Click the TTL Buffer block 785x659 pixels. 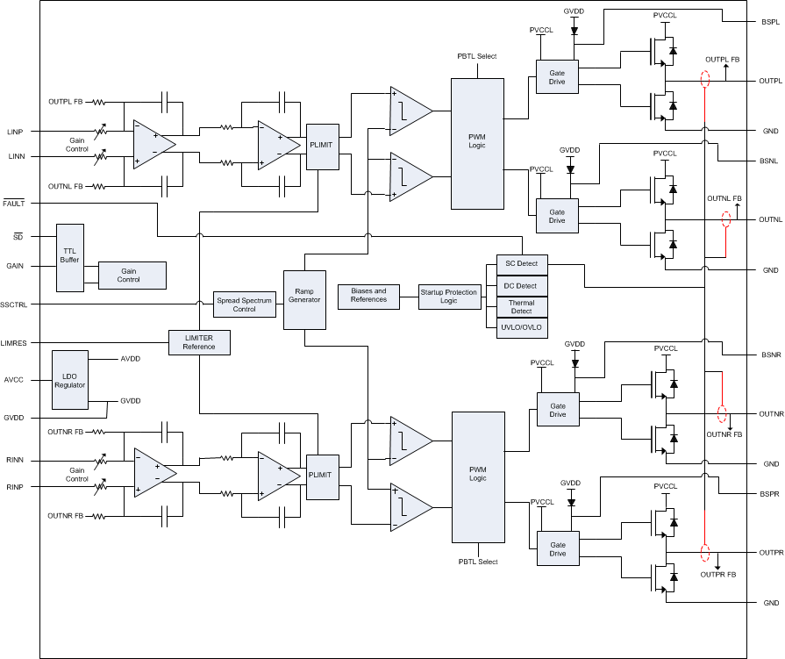[68, 257]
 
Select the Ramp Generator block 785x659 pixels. [304, 299]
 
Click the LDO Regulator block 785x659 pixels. [70, 379]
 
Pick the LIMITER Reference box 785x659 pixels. [199, 342]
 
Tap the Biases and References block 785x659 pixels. [368, 295]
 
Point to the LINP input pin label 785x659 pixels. [15, 132]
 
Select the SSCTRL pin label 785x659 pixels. [14, 304]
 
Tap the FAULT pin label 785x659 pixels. [14, 203]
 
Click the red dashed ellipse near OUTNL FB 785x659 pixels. [725, 219]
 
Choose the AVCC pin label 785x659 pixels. [13, 380]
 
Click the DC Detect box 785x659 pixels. [521, 286]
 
